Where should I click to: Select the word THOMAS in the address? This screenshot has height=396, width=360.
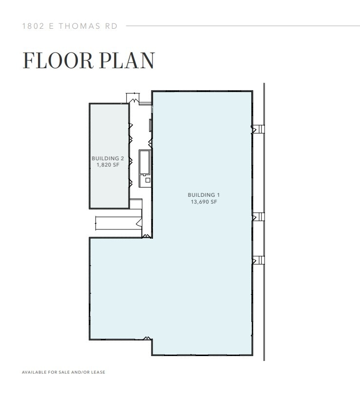[x=78, y=26]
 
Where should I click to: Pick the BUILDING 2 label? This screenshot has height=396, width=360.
[x=108, y=158]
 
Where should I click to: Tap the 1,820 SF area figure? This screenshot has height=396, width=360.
[x=108, y=165]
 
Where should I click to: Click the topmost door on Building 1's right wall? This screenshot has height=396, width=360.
[x=254, y=129]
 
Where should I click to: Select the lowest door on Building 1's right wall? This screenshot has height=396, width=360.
[x=254, y=260]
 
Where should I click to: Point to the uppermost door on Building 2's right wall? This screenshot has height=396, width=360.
[x=131, y=126]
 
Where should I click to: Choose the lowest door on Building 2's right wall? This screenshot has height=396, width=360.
[x=131, y=183]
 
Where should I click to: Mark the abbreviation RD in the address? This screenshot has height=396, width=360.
[x=112, y=26]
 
